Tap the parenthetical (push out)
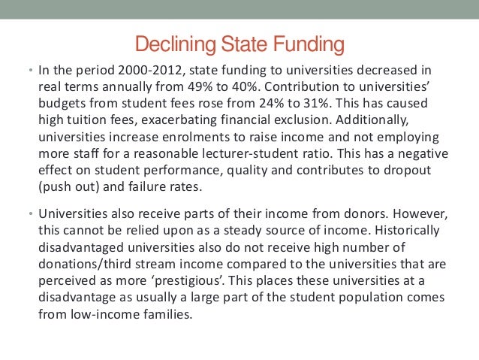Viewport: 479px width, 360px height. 71,188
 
